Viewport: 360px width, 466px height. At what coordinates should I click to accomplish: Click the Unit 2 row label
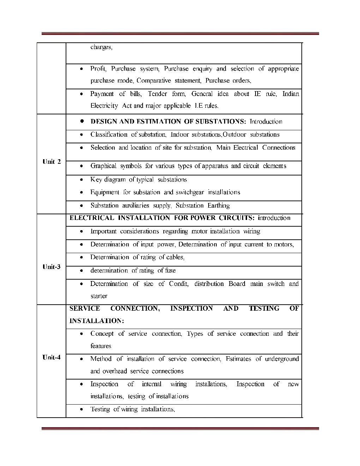52,162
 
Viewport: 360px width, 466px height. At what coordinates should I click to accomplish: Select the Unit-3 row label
52,267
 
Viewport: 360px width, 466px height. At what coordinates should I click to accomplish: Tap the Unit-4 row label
52,357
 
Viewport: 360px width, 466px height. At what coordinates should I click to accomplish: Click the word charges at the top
101,47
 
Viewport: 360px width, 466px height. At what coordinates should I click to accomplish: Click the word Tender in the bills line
157,94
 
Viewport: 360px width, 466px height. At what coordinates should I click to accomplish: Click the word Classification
109,135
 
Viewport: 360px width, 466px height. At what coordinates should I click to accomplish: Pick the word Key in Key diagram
96,180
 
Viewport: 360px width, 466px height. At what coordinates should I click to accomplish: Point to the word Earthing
218,205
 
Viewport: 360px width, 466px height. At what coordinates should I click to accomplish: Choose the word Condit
179,284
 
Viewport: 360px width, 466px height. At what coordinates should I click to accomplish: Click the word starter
99,296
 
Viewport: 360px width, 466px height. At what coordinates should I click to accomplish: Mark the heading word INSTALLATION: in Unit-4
97,321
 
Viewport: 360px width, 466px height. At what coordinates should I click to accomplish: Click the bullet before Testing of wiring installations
82,410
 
